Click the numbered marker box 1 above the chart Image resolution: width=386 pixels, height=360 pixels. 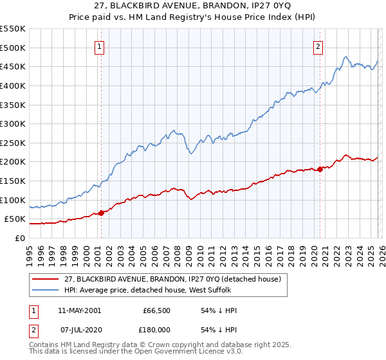coord(100,46)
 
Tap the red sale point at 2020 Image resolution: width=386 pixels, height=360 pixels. coord(320,170)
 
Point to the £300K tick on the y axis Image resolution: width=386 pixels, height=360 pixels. coord(13,123)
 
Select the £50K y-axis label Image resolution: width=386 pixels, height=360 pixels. coord(15,219)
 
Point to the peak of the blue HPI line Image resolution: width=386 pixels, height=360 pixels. coord(346,56)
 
